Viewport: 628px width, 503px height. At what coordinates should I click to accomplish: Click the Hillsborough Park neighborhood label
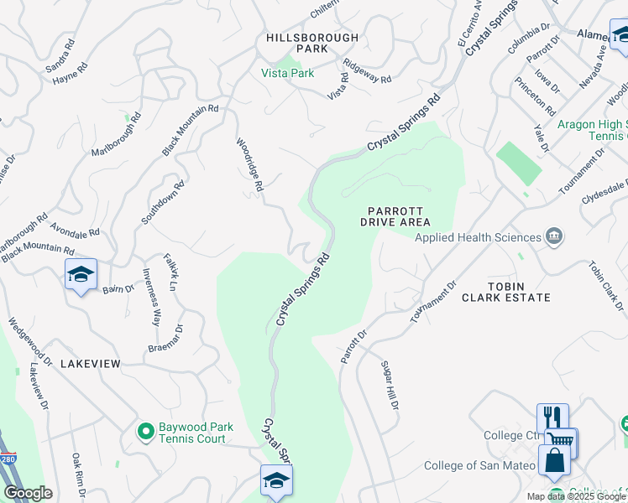[x=312, y=44]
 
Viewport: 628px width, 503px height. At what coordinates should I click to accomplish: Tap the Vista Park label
[x=287, y=74]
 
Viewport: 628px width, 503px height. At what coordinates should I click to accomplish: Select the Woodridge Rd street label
[x=250, y=167]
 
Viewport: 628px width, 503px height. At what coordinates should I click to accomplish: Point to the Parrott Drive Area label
[x=395, y=216]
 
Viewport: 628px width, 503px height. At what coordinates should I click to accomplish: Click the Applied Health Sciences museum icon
[x=553, y=236]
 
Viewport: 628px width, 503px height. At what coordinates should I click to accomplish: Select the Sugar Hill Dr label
[x=389, y=386]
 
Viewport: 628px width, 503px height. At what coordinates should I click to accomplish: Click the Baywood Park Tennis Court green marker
[x=145, y=432]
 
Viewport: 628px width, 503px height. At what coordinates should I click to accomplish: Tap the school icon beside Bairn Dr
[x=81, y=274]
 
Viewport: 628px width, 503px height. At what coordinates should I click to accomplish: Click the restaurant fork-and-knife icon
[x=552, y=417]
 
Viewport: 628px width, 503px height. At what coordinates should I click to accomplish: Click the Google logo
[x=28, y=493]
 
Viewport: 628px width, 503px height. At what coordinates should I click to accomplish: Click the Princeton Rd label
[x=534, y=96]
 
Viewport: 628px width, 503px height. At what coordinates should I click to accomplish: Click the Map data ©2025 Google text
[x=575, y=496]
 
